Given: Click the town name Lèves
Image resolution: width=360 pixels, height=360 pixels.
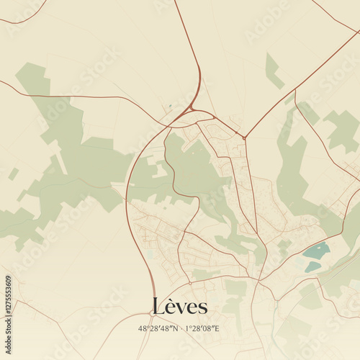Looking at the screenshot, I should tap(180, 307).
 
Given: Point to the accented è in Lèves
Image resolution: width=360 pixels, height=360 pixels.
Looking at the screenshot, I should tap(171, 308).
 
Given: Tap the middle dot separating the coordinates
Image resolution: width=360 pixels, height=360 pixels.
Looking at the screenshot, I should tap(181, 328).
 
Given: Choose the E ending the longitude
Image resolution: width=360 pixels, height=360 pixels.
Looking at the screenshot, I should tap(217, 328).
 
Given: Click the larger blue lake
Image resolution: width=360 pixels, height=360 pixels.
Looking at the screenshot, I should tap(317, 251).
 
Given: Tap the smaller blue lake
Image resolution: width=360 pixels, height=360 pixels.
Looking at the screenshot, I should tap(312, 266).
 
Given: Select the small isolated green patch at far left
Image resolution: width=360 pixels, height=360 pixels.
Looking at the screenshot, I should tap(13, 174).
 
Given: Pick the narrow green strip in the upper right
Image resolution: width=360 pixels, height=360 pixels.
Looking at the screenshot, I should tap(273, 71).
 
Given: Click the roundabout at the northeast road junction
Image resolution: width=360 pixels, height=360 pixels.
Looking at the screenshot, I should tap(244, 137).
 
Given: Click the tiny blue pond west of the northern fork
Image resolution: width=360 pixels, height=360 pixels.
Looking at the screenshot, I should tap(171, 107).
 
